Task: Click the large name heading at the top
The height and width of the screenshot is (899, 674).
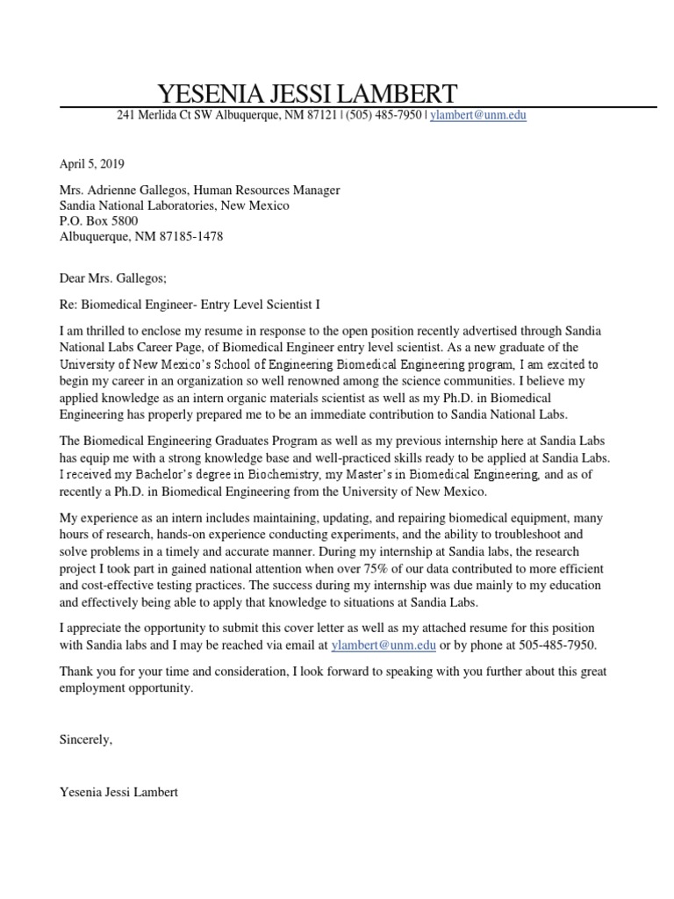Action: point(306,93)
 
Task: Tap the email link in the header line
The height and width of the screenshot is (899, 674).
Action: point(478,115)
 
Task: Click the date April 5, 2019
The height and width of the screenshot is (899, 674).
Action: point(92,163)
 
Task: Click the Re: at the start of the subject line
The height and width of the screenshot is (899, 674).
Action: point(69,305)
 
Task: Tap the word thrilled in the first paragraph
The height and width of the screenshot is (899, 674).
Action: point(113,332)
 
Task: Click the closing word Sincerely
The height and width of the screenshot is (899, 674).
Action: point(86,739)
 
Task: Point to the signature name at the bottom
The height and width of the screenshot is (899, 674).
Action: point(118,792)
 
